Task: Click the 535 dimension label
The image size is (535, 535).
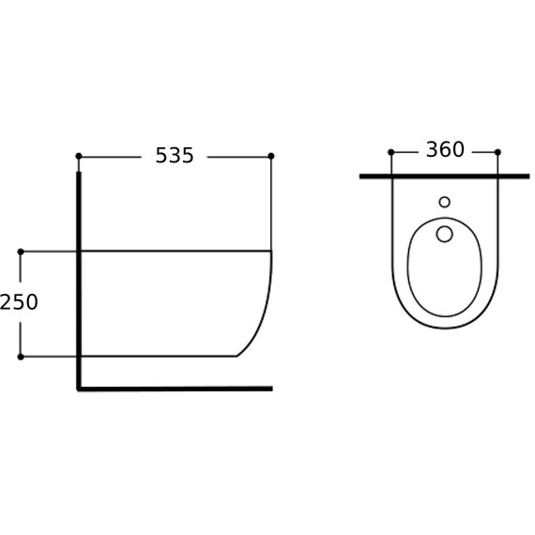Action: coord(175,155)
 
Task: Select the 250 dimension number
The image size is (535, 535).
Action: coord(19,302)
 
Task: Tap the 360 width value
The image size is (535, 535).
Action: coord(445,149)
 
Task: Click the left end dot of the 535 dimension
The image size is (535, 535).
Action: coord(79,156)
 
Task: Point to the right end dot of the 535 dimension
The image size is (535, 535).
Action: coord(271,156)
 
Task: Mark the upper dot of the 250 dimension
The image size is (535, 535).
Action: coord(21,252)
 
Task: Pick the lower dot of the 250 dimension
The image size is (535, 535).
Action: coord(21,357)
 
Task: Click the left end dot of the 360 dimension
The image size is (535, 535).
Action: coord(391,152)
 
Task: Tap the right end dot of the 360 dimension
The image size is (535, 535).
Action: coord(497,152)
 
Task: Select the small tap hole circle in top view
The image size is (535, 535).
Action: coord(445,202)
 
